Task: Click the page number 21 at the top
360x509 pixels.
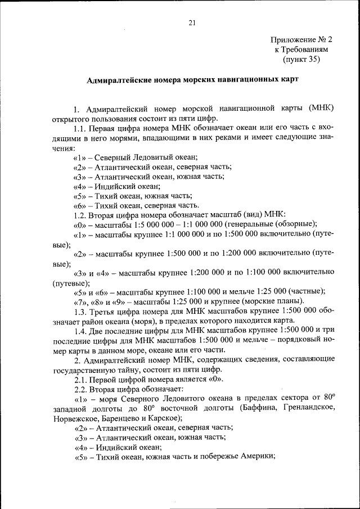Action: coord(191,22)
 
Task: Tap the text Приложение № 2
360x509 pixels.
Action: coord(301,40)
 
